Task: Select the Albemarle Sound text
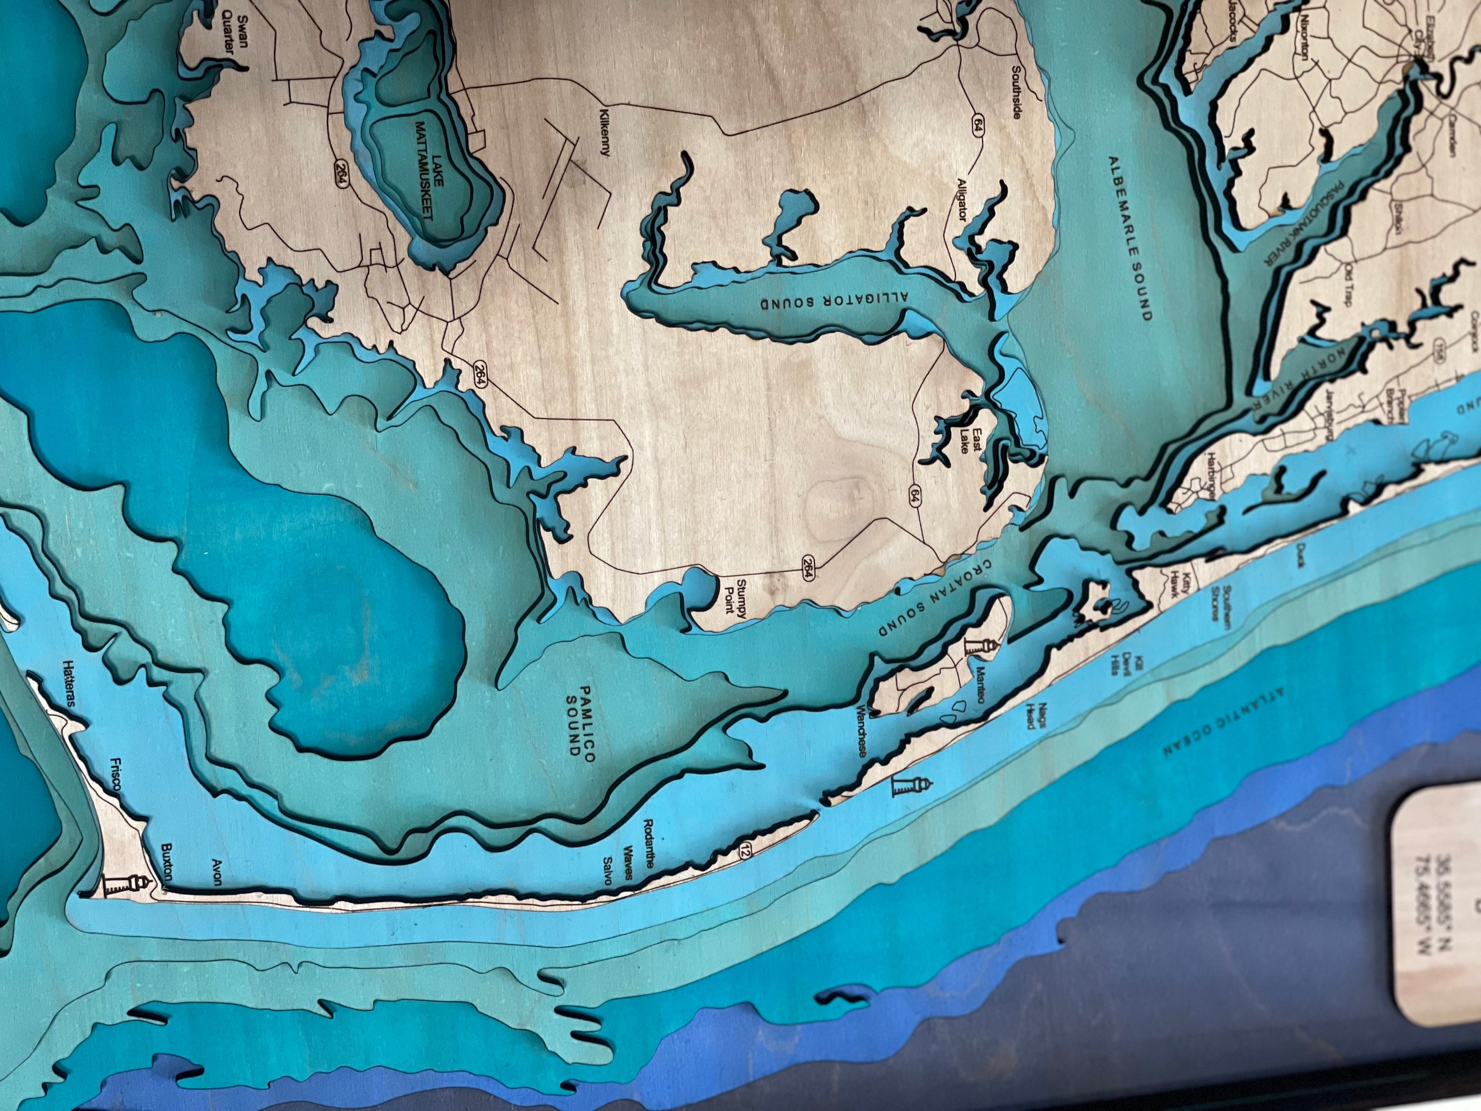coord(1130,239)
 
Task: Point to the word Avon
coord(216,872)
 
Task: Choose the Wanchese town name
coord(862,731)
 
